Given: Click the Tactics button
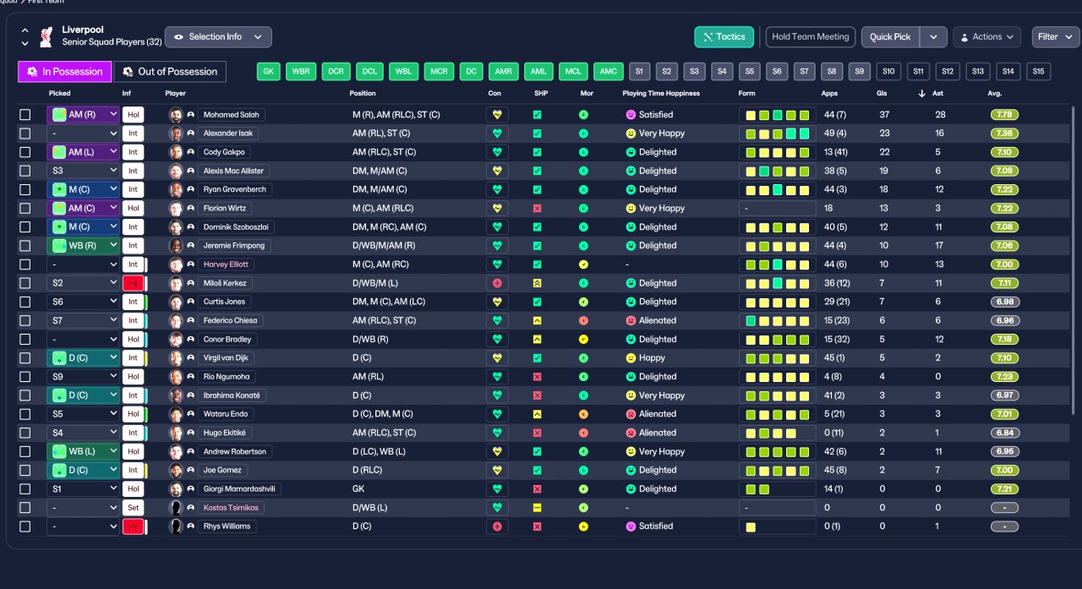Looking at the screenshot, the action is point(724,36).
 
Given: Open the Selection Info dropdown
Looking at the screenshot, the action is point(218,36).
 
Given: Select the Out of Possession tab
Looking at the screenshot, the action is point(170,72).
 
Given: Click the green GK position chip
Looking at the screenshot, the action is point(269,72).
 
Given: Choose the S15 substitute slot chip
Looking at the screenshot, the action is point(1038,72).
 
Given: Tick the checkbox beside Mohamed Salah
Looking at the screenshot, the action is point(25,114).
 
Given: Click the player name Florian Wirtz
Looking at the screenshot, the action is point(225,208).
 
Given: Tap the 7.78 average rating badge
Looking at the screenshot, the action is point(1004,114).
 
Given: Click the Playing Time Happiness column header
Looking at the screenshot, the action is point(661,93).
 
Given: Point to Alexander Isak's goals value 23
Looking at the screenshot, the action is point(884,134).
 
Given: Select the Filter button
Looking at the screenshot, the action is point(1056,36).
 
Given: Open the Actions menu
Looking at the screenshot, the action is point(986,36).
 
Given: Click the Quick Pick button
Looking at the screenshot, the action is point(890,36).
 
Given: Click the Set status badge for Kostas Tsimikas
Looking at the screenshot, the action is point(133,507).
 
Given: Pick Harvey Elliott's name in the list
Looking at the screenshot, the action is point(226,265).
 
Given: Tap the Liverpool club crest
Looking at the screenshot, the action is point(46,36).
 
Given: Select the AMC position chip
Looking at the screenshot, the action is point(608,72).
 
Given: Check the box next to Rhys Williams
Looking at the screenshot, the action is point(25,526).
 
